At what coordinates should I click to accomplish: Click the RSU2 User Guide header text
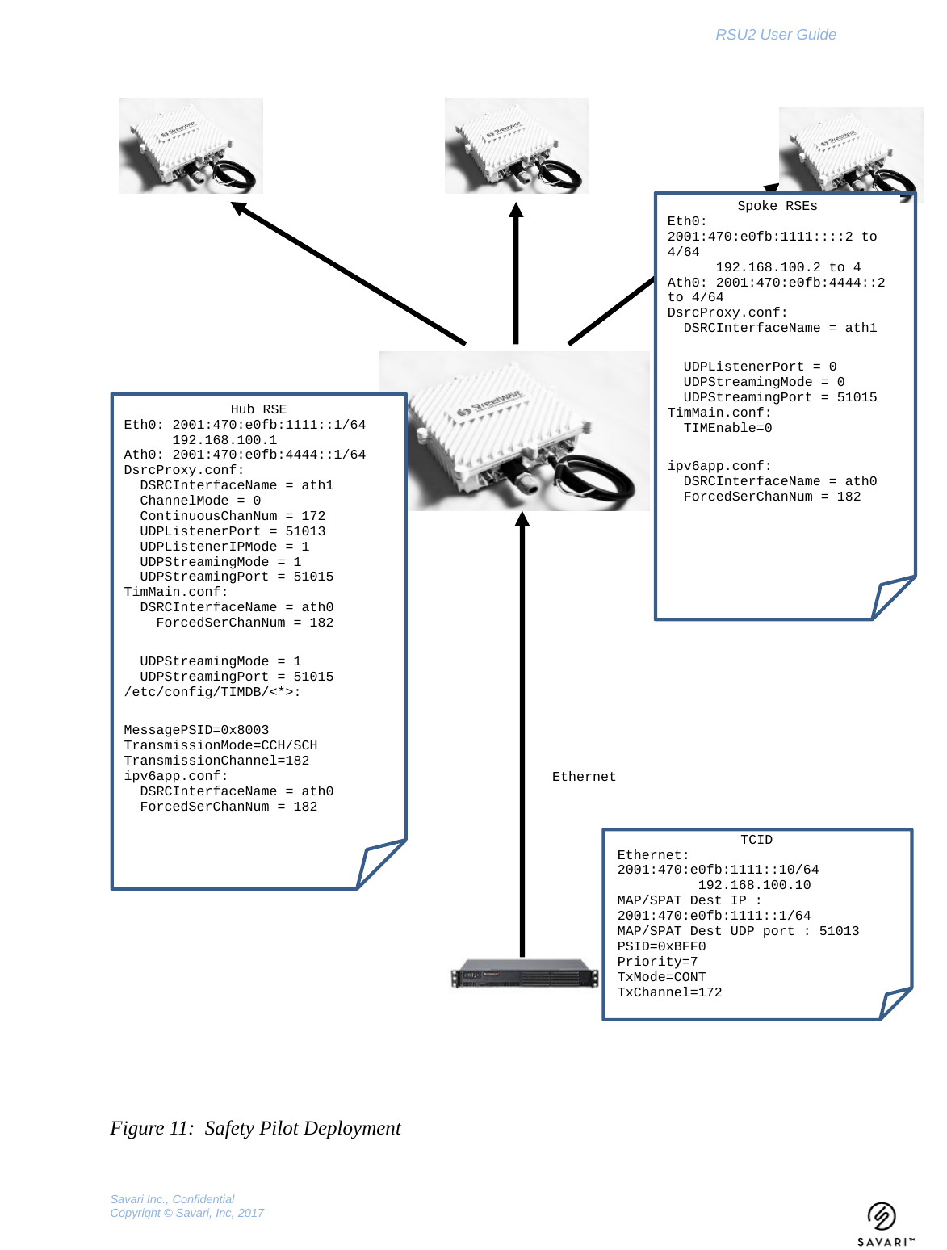point(775,35)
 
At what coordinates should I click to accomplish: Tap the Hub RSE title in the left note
point(258,409)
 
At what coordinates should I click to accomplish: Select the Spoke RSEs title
point(777,206)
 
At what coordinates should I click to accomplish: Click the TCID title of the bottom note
point(756,840)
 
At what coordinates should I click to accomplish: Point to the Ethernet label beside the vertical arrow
point(584,777)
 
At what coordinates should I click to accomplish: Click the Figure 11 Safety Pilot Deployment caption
point(255,1128)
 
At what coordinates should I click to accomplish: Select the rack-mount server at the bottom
point(525,975)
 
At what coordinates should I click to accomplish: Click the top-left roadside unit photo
point(191,145)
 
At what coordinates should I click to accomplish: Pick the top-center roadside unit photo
point(517,145)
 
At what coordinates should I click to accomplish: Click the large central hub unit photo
point(514,430)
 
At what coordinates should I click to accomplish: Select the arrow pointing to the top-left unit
point(347,274)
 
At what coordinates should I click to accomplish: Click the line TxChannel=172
point(669,992)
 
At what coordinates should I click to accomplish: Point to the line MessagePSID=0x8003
point(196,730)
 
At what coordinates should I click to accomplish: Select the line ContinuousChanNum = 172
point(233,516)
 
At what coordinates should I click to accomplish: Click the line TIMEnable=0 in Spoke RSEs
point(727,428)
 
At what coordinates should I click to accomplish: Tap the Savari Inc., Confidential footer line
point(172,1199)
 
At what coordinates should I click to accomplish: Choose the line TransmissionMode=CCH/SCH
point(220,745)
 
